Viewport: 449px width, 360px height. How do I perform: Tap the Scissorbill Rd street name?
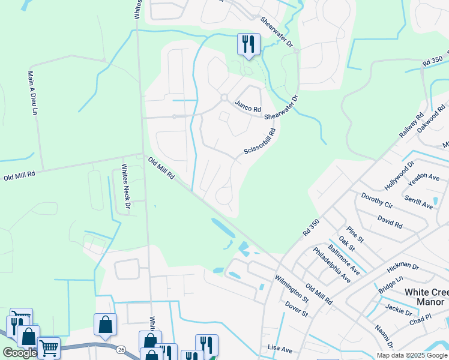click(x=260, y=143)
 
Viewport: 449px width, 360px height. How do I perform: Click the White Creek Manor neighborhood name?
click(x=426, y=296)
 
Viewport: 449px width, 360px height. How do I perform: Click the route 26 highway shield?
click(x=121, y=349)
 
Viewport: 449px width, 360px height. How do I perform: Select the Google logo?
click(x=20, y=352)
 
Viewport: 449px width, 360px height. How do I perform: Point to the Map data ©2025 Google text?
click(x=412, y=355)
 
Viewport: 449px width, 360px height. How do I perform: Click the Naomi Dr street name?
click(x=383, y=335)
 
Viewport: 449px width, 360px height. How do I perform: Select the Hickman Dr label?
click(x=403, y=265)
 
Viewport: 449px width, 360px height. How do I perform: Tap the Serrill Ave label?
click(x=418, y=202)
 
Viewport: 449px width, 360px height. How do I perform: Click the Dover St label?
click(x=297, y=309)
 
